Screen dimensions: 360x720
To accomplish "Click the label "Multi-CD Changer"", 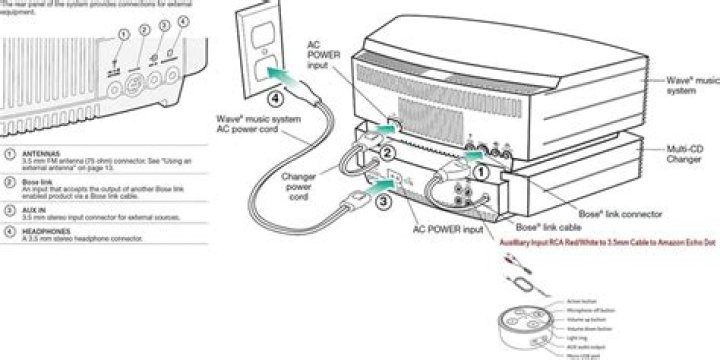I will click(684, 154).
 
